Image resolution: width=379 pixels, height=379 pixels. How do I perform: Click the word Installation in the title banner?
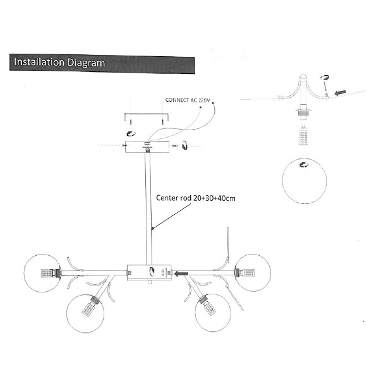[x=39, y=62]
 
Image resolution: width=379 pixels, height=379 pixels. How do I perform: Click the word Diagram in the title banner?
[x=86, y=63]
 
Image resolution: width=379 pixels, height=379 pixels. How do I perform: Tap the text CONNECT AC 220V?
[x=188, y=100]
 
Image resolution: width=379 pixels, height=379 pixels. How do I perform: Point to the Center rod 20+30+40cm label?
[x=196, y=198]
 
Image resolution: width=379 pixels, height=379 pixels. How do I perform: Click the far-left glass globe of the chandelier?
[x=42, y=273]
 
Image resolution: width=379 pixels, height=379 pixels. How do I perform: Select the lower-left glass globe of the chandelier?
[x=85, y=313]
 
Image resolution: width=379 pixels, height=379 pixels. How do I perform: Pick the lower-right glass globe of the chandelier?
[x=213, y=313]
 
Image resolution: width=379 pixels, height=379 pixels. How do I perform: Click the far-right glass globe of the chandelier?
[x=253, y=273]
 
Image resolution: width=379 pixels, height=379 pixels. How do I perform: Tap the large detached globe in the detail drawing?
[x=304, y=181]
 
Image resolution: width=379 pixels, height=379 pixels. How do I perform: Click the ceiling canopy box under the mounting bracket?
[x=147, y=147]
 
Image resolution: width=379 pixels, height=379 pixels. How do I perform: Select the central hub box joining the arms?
[x=149, y=272]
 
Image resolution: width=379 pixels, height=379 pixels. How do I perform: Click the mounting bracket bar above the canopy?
[x=147, y=117]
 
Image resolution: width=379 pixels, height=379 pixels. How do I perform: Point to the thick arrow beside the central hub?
[x=181, y=274]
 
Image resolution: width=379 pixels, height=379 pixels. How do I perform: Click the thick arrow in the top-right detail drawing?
[x=340, y=93]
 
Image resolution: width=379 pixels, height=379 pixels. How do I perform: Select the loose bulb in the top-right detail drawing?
[x=304, y=135]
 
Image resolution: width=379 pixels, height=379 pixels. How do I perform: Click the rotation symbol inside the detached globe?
[x=304, y=165]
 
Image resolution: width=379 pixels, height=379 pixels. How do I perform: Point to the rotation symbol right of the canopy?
[x=185, y=145]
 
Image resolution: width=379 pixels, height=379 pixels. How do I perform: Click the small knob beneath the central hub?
[x=150, y=282]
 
